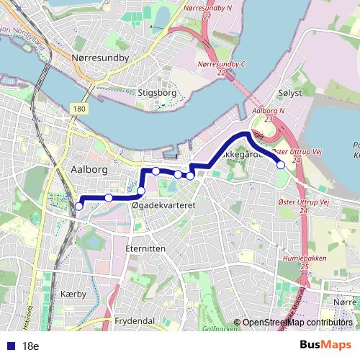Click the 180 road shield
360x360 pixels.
pyautogui.click(x=78, y=108)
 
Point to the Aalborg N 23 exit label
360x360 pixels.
pyautogui.click(x=270, y=115)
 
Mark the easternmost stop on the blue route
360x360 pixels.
pyautogui.click(x=281, y=165)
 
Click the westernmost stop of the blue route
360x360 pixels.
pyautogui.click(x=78, y=207)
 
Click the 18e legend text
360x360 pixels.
pyautogui.click(x=30, y=346)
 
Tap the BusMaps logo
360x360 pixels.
pyautogui.click(x=330, y=345)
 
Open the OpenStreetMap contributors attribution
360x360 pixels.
pyautogui.click(x=297, y=323)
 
